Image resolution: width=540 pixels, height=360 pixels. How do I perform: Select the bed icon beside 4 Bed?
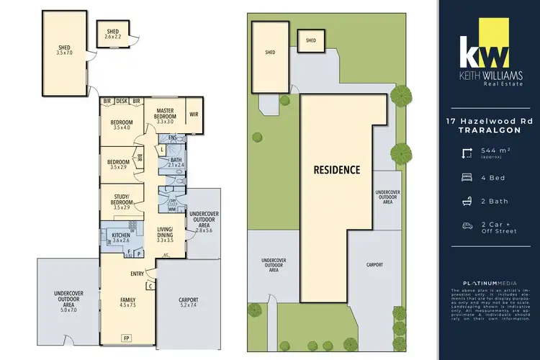click(x=467, y=176)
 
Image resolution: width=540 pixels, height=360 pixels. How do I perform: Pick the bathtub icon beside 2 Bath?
click(x=467, y=201)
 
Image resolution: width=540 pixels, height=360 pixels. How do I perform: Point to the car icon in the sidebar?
click(x=467, y=226)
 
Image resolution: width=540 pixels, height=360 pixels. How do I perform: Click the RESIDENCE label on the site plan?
click(x=336, y=171)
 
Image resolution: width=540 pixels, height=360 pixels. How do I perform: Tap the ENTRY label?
click(x=138, y=273)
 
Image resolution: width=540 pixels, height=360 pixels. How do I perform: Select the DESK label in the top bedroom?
click(x=120, y=102)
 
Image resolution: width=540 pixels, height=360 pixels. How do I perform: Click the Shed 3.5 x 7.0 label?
click(x=64, y=50)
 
